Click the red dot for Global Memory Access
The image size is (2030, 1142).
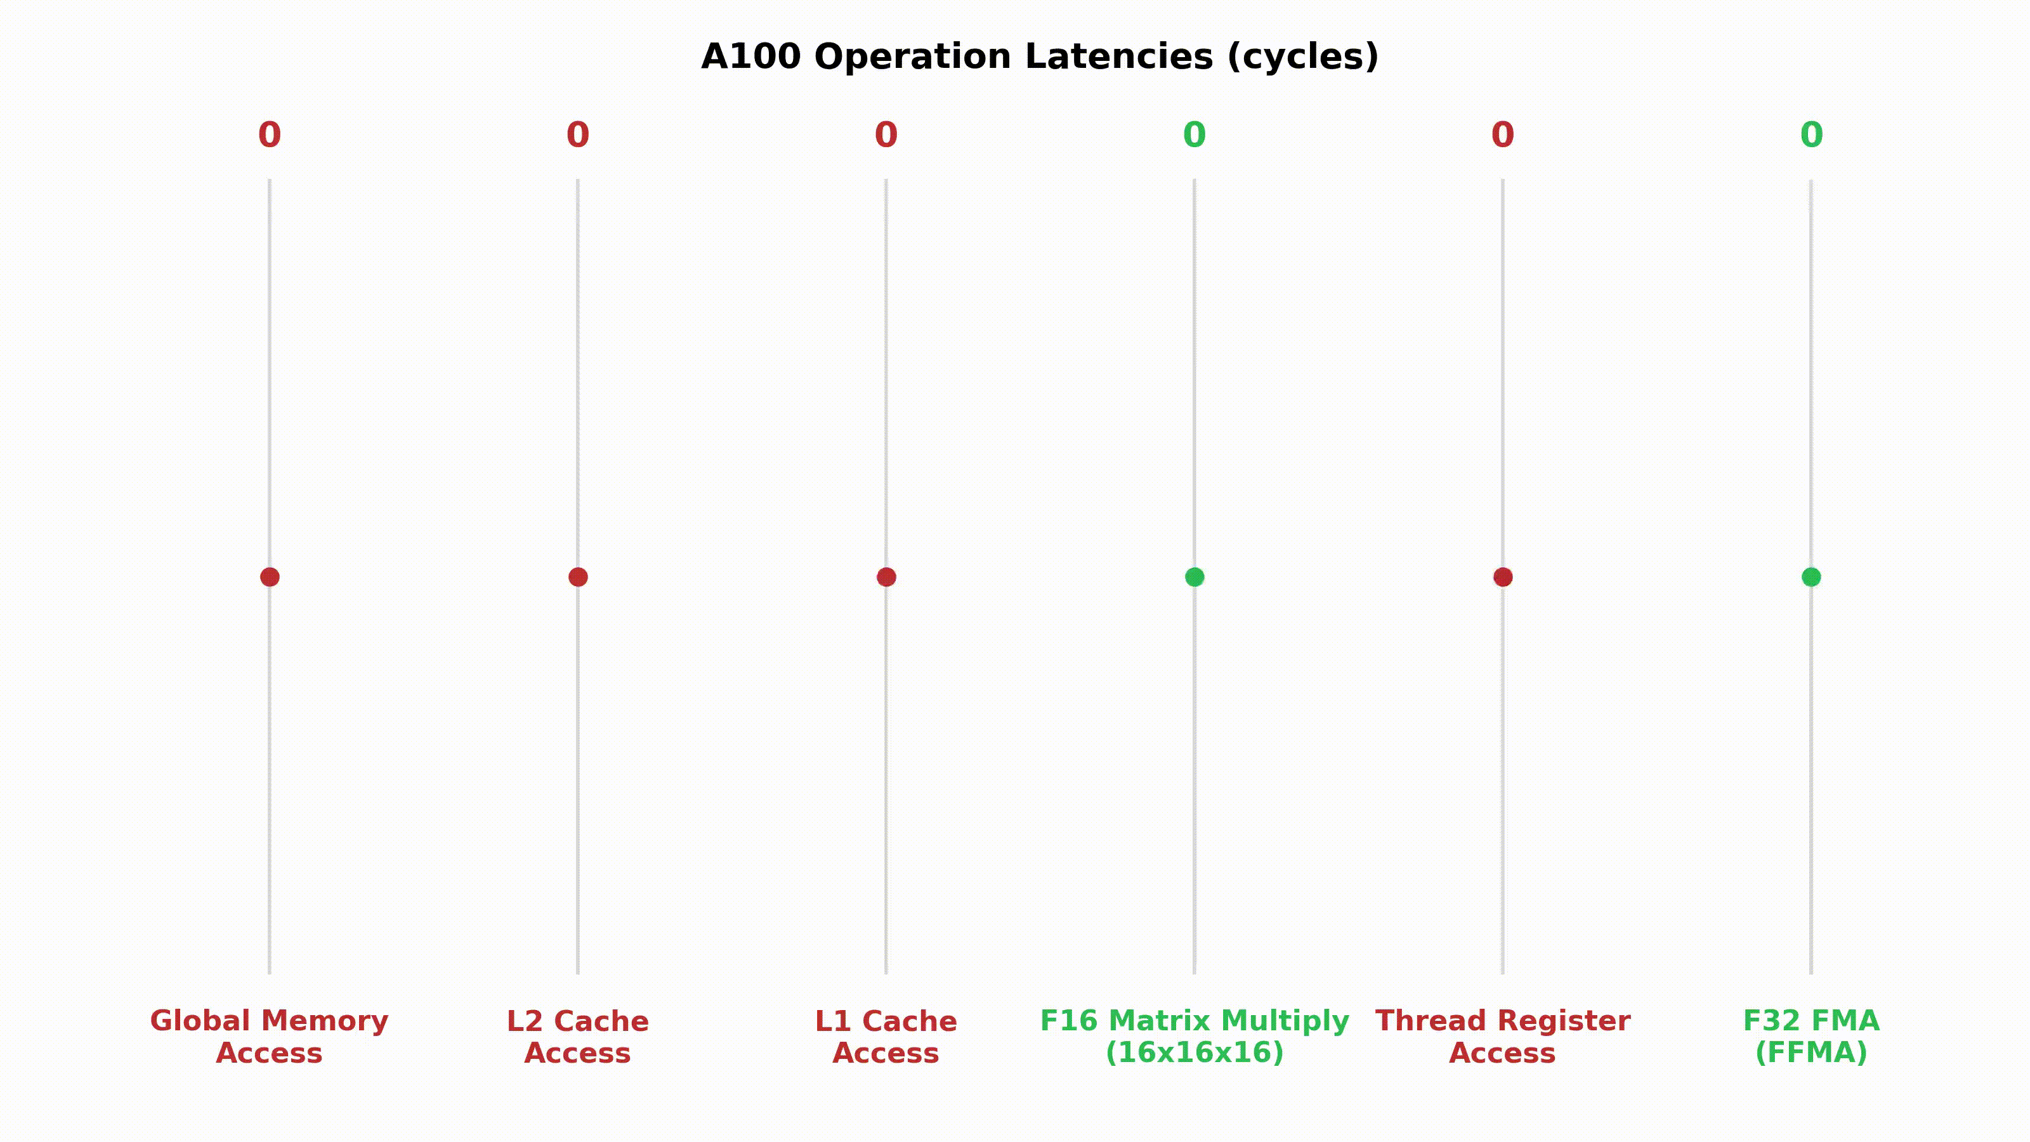tap(270, 577)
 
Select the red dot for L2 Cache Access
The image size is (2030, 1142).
tap(578, 577)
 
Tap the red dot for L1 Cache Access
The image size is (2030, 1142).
tap(886, 577)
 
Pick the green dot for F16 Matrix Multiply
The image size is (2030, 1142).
tap(1195, 577)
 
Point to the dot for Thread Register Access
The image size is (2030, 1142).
tap(1503, 577)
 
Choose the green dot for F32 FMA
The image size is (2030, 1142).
tap(1811, 577)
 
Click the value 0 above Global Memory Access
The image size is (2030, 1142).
tap(270, 135)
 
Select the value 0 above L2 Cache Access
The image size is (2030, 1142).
tap(578, 135)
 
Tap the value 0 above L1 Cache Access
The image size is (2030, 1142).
tap(886, 135)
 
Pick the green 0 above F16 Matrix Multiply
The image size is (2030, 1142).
tap(1195, 135)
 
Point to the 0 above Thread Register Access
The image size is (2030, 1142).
tap(1503, 135)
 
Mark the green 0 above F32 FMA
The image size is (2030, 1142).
tap(1811, 135)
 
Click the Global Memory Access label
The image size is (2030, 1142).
tap(270, 1037)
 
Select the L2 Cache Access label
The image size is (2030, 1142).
tap(578, 1037)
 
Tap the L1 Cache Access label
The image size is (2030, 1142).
tap(886, 1037)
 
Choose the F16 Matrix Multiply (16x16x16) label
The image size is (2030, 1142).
tap(1195, 1037)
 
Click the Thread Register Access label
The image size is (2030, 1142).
tap(1503, 1037)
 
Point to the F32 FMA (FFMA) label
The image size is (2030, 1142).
tap(1811, 1037)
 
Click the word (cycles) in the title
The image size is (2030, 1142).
tap(1302, 56)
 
